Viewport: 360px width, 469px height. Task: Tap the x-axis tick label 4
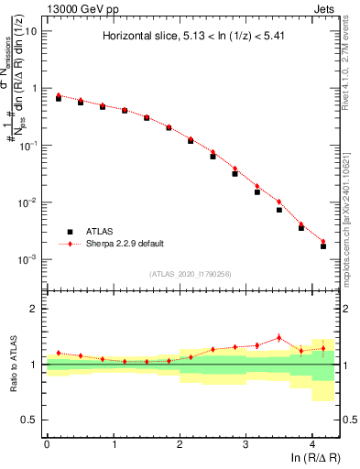coord(312,443)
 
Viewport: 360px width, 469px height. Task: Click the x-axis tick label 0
coord(47,443)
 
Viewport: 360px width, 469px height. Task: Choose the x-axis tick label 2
coord(180,443)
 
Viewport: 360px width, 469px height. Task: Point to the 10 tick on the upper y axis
coord(30,31)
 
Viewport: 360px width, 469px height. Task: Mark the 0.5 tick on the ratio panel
coord(30,420)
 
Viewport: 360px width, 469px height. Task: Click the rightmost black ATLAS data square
coord(323,246)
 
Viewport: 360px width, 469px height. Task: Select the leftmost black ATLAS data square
coord(59,98)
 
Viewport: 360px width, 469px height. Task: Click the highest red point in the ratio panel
coord(279,337)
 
